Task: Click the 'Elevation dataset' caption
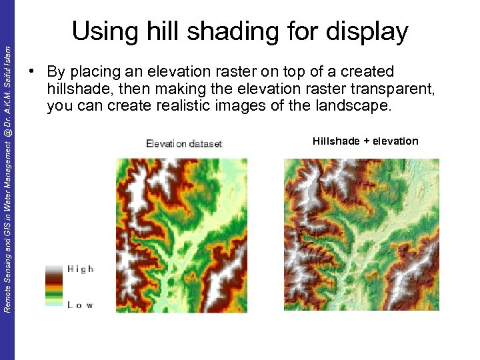(183, 143)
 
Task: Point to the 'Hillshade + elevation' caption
(365, 141)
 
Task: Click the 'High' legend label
(81, 269)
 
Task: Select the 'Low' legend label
(80, 305)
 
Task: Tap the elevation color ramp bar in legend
(53, 285)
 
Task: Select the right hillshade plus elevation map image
(361, 234)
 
